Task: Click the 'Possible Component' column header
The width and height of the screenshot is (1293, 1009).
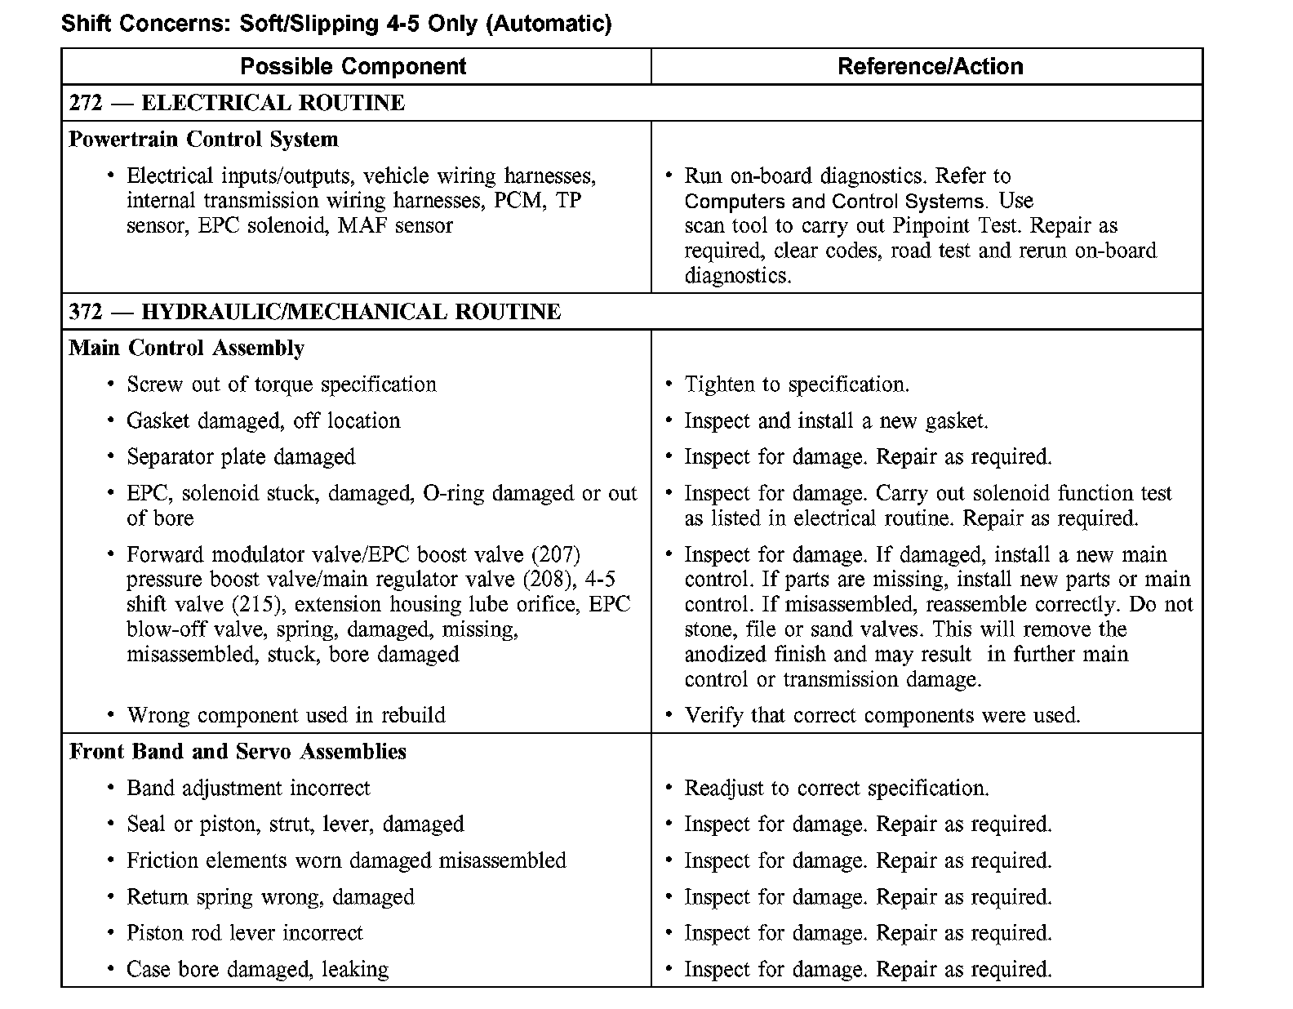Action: tap(353, 66)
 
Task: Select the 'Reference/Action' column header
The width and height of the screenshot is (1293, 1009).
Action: tap(930, 66)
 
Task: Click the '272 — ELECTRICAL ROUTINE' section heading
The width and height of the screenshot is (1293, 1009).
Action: tap(237, 103)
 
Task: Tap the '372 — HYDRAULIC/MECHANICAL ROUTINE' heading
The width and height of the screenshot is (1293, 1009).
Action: tap(315, 312)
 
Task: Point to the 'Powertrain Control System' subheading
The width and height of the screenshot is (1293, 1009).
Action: tap(203, 140)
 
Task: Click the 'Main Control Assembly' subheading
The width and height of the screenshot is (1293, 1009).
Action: tap(187, 349)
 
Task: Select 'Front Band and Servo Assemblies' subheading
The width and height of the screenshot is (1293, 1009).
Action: tap(238, 752)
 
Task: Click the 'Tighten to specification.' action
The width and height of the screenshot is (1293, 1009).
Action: tap(797, 384)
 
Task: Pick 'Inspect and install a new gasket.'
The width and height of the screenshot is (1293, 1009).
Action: tap(836, 421)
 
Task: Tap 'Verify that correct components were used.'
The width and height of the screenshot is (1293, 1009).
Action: tap(882, 716)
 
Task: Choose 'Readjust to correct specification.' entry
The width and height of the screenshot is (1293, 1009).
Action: tap(837, 789)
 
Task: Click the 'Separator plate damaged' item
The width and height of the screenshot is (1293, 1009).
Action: tap(241, 457)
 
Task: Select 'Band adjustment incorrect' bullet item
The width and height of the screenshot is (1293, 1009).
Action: tap(248, 789)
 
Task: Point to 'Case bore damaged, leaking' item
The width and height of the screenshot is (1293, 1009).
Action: tap(257, 970)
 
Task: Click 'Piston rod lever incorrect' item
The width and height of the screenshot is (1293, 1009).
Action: tap(244, 933)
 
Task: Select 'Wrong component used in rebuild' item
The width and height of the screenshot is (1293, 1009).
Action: tap(286, 716)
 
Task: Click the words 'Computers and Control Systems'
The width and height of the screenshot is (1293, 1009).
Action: tap(833, 202)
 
